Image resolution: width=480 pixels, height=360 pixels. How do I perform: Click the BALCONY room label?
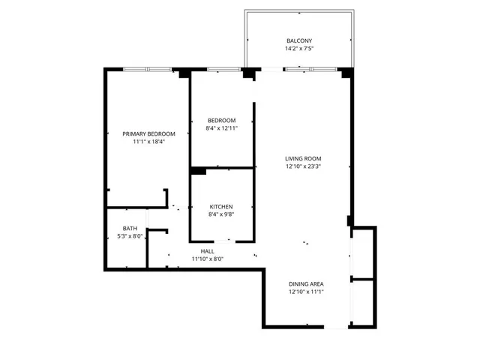click(299, 40)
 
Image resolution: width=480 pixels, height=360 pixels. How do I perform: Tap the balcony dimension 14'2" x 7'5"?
click(299, 49)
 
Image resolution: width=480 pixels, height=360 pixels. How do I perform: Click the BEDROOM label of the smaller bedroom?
click(222, 120)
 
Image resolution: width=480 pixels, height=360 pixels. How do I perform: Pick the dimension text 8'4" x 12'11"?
click(222, 128)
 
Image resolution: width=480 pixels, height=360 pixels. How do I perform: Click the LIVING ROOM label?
click(303, 158)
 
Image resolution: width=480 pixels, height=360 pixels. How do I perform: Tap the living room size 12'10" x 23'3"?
click(303, 166)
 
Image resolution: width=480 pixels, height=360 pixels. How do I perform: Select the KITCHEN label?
click(221, 206)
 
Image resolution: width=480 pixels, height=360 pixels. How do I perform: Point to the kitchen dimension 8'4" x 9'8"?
click(221, 214)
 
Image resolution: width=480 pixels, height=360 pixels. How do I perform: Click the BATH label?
click(130, 229)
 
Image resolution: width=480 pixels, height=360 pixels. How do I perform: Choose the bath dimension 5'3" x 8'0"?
click(130, 237)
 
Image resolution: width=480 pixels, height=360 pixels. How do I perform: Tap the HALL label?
click(208, 251)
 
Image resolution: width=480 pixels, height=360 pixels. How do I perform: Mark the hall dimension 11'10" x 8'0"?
click(208, 259)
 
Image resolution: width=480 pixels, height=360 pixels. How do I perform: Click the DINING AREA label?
click(306, 283)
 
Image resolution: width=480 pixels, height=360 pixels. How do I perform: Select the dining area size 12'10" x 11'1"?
click(306, 292)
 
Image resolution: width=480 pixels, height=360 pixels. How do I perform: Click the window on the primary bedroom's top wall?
click(148, 70)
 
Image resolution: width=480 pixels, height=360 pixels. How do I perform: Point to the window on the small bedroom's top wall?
click(223, 70)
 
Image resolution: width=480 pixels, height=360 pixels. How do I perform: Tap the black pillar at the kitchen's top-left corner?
click(198, 171)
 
